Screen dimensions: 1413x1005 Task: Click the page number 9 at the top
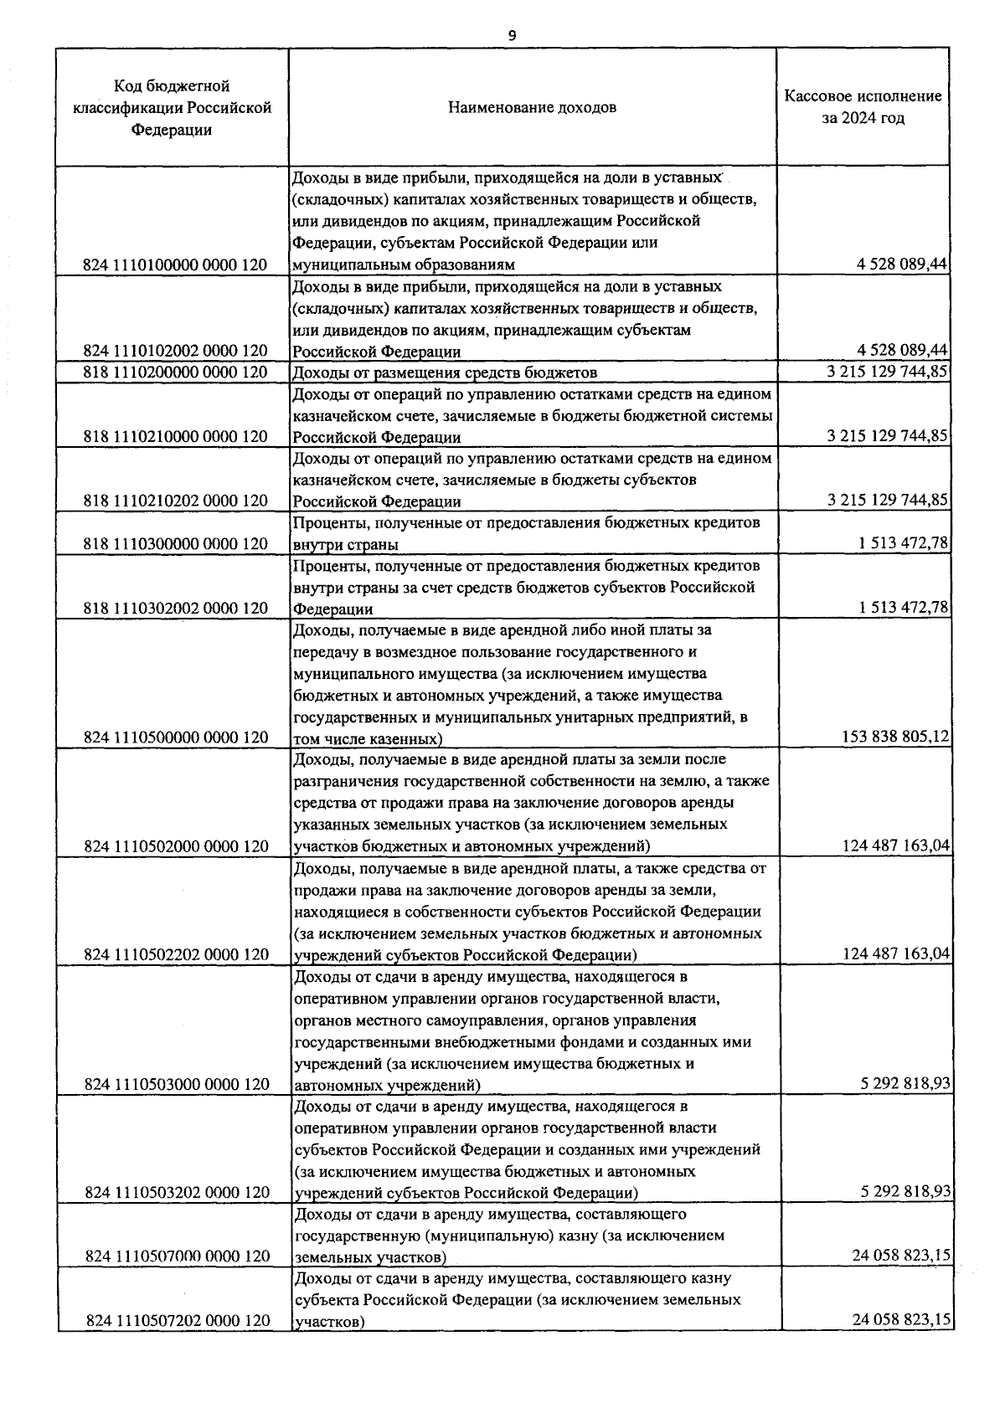click(x=512, y=36)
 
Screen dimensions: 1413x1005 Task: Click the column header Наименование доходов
click(x=532, y=108)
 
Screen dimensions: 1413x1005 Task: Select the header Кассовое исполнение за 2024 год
click(x=863, y=107)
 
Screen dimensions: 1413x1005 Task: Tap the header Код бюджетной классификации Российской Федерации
click(x=172, y=108)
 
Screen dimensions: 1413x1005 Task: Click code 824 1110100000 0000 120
click(x=175, y=265)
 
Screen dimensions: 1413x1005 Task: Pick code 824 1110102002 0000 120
click(x=175, y=352)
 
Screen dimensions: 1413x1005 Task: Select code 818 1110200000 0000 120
click(x=175, y=373)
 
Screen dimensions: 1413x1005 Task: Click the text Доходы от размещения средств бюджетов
click(x=444, y=373)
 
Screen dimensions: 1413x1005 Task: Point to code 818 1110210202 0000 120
click(x=175, y=501)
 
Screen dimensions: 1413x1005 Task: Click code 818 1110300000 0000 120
click(x=175, y=544)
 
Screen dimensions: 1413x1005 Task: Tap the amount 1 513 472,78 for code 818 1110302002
click(x=903, y=609)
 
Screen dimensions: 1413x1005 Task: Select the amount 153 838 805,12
click(x=894, y=737)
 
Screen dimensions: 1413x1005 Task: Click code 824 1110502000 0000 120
click(x=176, y=847)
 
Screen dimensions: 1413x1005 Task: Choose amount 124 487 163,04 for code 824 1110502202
click(x=894, y=955)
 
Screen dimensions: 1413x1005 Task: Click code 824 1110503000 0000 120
click(x=176, y=1085)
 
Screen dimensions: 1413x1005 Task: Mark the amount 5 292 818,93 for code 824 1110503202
click(x=904, y=1192)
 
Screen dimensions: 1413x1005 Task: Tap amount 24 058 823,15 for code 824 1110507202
click(x=901, y=1321)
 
